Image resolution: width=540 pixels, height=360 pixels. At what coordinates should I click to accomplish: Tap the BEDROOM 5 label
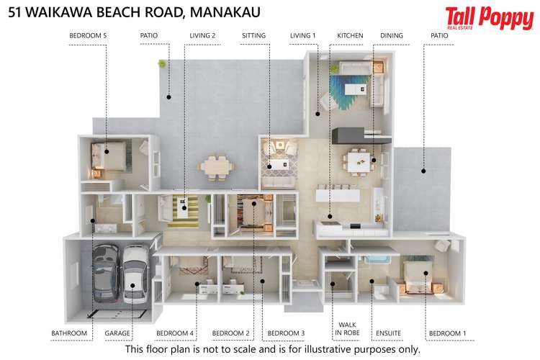tap(88, 35)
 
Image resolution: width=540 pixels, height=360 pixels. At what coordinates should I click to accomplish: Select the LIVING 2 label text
tap(202, 35)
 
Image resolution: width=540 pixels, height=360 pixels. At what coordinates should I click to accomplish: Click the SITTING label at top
tap(253, 35)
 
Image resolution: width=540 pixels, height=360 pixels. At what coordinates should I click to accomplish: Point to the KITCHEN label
tap(350, 35)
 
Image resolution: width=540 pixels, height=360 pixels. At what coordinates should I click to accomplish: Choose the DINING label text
tap(391, 35)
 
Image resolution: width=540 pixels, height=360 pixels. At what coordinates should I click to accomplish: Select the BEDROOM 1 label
tap(447, 333)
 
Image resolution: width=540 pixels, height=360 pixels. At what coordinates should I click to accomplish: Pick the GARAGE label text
tap(117, 333)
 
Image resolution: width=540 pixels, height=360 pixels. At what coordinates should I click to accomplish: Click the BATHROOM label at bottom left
tap(69, 333)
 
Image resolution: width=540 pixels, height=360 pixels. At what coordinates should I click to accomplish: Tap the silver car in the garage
tap(134, 277)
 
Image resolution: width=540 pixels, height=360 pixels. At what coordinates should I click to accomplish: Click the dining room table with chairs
tap(357, 161)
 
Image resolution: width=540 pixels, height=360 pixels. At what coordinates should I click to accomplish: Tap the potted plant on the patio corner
tap(163, 64)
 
